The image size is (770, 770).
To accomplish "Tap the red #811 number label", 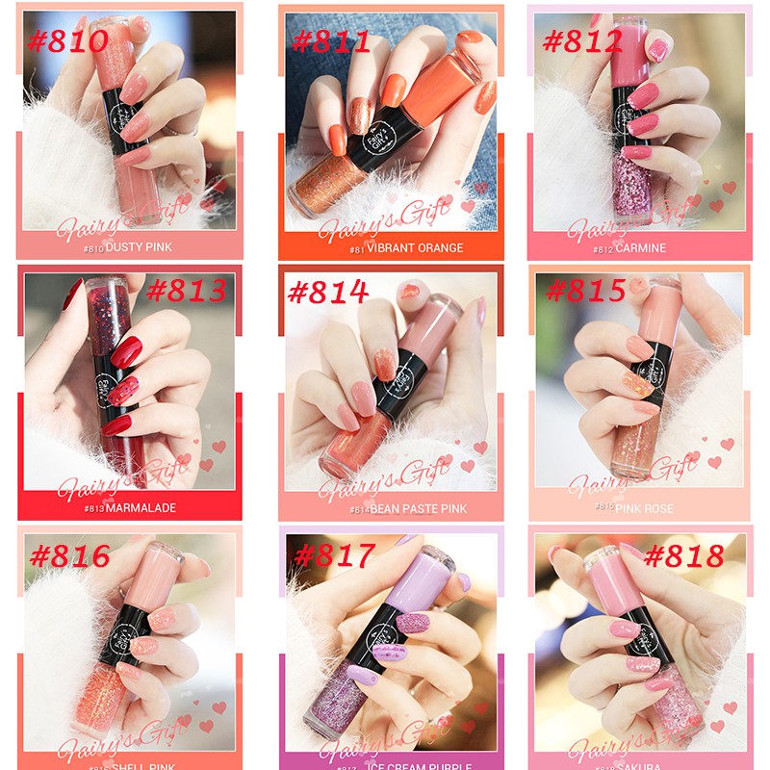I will click(x=330, y=41).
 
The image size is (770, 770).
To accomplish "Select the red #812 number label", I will click(x=583, y=41).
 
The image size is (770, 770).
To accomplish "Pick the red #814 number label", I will click(x=328, y=292).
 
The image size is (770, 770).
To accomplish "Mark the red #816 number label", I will click(x=70, y=555).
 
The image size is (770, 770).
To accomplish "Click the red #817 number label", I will click(x=331, y=555).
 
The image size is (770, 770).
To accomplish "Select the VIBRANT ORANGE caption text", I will click(x=412, y=248).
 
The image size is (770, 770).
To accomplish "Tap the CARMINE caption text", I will click(x=641, y=248).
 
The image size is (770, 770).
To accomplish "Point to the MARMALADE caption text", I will click(x=141, y=508).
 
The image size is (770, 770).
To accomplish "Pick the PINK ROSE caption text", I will click(x=645, y=508).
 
